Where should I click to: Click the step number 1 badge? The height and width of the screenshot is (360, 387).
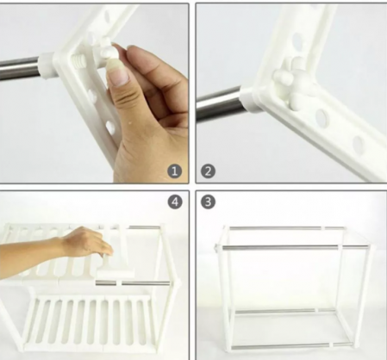(175, 171)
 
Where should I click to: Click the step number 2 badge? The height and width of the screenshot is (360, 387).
(208, 171)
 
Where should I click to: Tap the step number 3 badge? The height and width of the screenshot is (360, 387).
(208, 202)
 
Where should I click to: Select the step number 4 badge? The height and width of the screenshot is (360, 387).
(175, 202)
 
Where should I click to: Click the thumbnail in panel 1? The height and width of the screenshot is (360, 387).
(117, 76)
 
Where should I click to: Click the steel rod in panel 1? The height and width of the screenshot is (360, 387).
(20, 68)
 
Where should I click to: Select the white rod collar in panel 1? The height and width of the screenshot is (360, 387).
(47, 65)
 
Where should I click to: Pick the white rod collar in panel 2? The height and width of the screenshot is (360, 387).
(248, 99)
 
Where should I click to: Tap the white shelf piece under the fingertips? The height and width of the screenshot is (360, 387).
(115, 272)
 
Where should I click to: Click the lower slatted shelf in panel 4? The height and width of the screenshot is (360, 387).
(89, 323)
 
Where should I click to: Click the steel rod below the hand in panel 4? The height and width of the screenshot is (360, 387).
(133, 283)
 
